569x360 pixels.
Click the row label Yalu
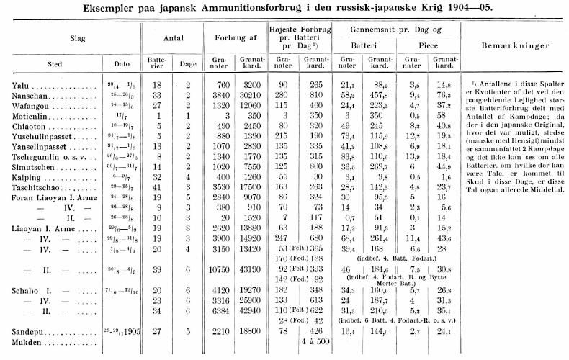[x=22, y=85]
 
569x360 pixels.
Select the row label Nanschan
[x=32, y=94]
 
